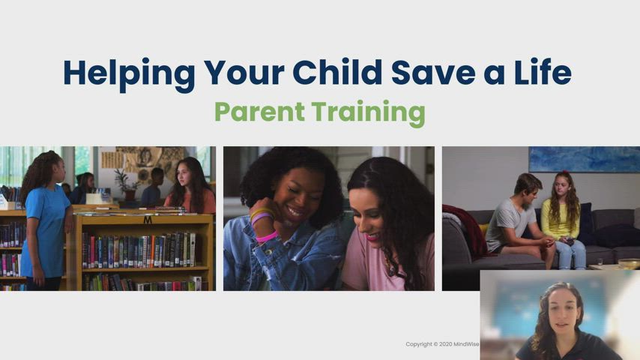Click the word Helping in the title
(119, 73)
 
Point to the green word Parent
(259, 112)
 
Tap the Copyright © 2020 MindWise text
(442, 344)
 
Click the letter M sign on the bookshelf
(148, 220)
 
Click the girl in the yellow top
(564, 221)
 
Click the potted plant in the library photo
(123, 184)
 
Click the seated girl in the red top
(191, 187)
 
